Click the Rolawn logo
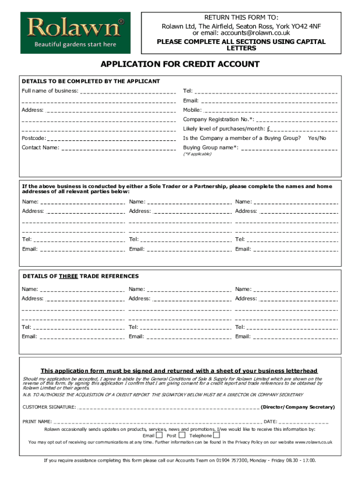[x=75, y=32]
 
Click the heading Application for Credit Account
[x=180, y=64]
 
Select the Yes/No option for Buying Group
[x=317, y=138]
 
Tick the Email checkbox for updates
[x=159, y=435]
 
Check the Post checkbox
[x=182, y=435]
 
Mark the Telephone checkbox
[x=216, y=435]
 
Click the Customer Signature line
[x=168, y=407]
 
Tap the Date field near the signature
[x=304, y=421]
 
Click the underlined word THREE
[x=68, y=276]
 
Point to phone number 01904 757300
[x=232, y=460]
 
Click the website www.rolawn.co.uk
[x=313, y=442]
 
